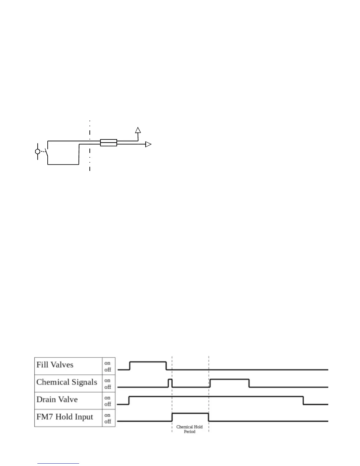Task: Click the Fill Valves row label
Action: click(x=55, y=365)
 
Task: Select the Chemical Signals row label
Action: click(x=67, y=382)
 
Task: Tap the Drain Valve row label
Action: click(x=57, y=400)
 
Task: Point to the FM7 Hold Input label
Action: click(x=65, y=417)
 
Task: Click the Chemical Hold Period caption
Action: click(x=189, y=429)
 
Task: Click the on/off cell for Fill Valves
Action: click(x=108, y=366)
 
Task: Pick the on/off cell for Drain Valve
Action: click(x=108, y=401)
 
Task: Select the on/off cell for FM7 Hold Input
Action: click(x=108, y=418)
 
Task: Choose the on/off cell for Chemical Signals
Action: click(x=108, y=384)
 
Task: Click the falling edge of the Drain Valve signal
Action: click(x=304, y=400)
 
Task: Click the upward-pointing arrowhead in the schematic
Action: click(x=138, y=130)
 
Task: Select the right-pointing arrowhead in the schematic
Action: click(x=149, y=144)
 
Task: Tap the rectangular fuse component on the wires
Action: click(x=109, y=143)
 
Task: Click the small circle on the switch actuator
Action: click(x=38, y=152)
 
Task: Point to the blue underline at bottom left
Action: click(x=58, y=464)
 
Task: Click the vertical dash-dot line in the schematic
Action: click(x=90, y=147)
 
